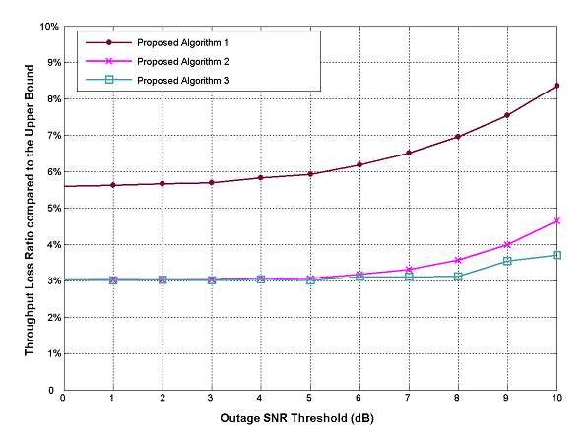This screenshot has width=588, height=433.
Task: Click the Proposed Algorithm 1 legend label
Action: tap(182, 43)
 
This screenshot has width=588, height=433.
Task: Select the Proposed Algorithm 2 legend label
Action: tap(183, 61)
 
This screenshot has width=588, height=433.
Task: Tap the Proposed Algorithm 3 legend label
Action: tap(183, 80)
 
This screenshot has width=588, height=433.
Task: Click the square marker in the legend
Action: tap(109, 80)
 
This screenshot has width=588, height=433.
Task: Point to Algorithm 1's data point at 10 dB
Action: tap(556, 86)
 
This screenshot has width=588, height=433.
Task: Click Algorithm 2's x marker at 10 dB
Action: tap(556, 221)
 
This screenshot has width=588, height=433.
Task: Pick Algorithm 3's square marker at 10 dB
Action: tap(556, 255)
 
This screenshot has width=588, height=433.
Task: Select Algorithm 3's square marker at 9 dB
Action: tap(507, 261)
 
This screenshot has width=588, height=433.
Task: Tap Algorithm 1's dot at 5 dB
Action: tap(310, 174)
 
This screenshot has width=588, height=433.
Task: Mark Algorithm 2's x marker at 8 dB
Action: tap(458, 260)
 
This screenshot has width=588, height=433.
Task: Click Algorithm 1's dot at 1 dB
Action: tap(113, 185)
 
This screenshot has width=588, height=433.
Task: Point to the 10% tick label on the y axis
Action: tap(49, 27)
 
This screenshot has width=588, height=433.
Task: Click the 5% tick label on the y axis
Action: tap(53, 209)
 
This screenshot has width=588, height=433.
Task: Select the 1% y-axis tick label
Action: tap(53, 353)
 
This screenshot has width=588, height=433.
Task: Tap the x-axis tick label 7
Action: tap(408, 398)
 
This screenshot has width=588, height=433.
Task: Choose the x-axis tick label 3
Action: tap(211, 398)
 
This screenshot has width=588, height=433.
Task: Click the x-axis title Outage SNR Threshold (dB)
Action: tap(296, 418)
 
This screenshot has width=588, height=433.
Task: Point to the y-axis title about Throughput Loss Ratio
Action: tap(30, 211)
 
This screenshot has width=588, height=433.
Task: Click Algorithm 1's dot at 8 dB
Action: tap(458, 137)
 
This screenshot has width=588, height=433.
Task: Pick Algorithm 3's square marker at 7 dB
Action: tap(409, 277)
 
